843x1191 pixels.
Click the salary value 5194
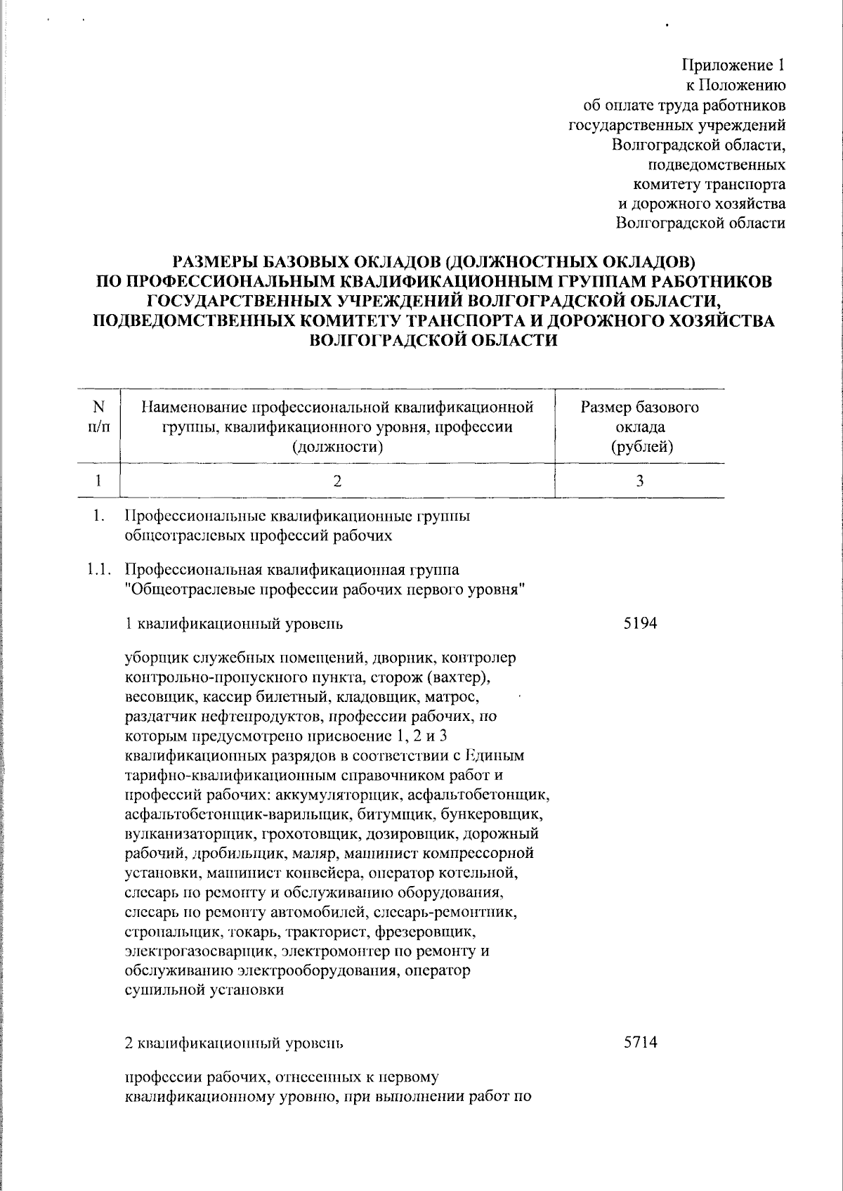[640, 623]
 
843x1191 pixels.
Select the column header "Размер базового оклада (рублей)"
[639, 427]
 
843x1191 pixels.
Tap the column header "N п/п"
[98, 417]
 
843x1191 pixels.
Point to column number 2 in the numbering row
[338, 481]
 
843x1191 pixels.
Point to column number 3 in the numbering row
[640, 481]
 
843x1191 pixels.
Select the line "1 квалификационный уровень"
[234, 623]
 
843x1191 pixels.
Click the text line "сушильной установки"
[204, 990]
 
